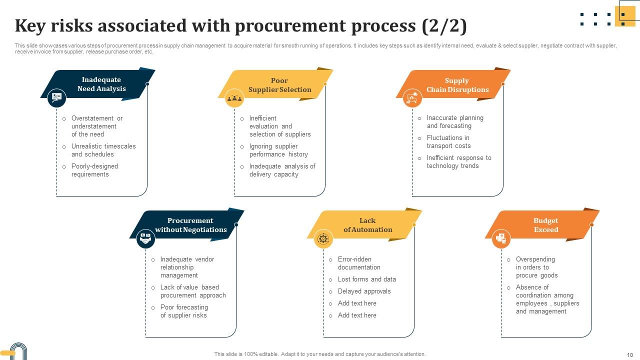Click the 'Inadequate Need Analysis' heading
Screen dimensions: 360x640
(101, 84)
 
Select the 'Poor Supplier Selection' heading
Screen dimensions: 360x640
(279, 85)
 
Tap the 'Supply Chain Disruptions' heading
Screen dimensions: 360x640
(457, 85)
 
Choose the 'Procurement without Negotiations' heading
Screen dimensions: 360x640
(190, 225)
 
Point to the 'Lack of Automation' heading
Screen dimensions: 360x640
(367, 225)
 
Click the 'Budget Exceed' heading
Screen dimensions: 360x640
(545, 225)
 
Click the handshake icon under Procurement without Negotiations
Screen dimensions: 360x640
(145, 239)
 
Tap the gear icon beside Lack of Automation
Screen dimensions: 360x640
(323, 239)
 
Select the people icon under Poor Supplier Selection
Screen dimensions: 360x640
(234, 98)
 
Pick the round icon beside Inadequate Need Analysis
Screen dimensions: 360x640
(57, 97)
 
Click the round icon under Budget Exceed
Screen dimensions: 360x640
(501, 239)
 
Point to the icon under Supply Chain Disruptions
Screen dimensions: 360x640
(412, 97)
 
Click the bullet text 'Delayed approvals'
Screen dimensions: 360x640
(364, 291)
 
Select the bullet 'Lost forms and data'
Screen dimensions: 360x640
(366, 279)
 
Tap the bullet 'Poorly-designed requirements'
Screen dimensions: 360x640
(94, 170)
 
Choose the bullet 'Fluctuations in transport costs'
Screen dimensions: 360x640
(448, 142)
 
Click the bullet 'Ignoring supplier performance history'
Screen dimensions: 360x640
(278, 150)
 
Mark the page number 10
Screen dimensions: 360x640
(629, 354)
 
